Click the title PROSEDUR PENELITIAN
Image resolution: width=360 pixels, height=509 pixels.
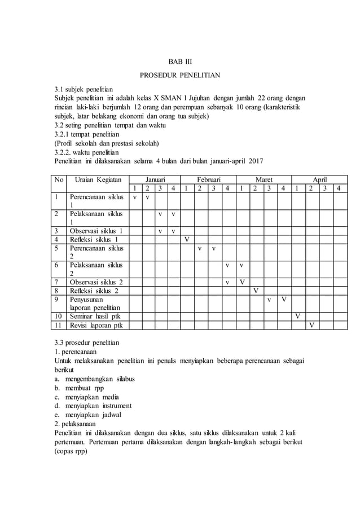180,74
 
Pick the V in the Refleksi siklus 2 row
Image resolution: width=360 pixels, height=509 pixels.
256,291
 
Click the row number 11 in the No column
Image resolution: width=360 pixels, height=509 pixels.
58,325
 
